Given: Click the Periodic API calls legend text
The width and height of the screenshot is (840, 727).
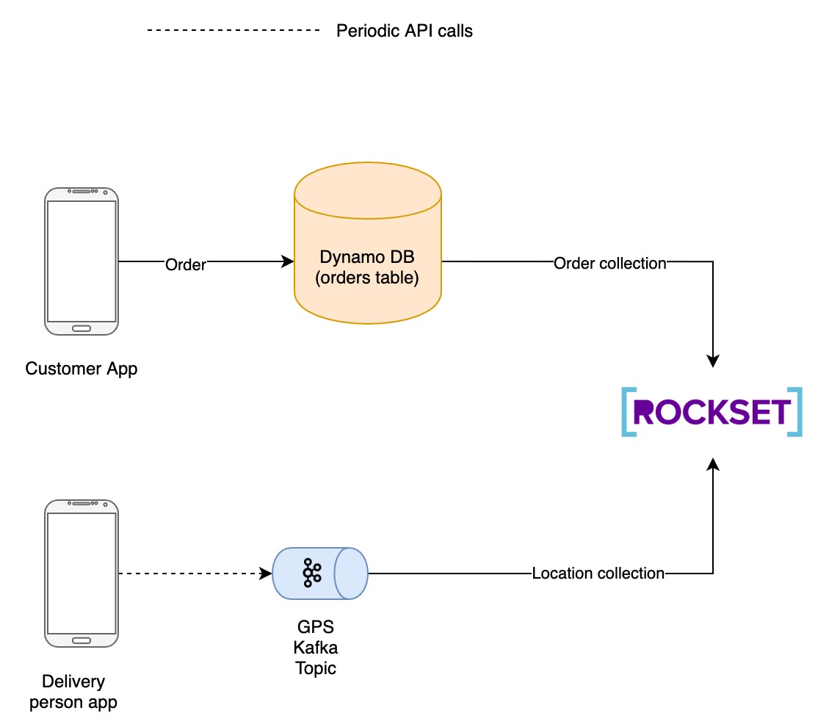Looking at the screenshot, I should coord(404,31).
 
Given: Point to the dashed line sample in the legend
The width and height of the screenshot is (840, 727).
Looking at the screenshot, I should coord(233,30).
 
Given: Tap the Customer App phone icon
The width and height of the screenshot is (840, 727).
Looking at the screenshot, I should coord(82,261).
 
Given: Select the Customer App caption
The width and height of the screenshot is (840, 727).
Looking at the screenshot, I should coord(82,369).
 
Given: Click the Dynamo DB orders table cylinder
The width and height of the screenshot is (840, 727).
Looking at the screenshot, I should coord(367,242).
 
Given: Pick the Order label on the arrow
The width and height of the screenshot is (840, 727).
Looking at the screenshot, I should coord(186,264).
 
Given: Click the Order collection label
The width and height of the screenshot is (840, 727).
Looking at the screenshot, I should coord(609,263).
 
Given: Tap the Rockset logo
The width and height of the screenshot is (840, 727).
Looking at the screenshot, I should coord(712,412).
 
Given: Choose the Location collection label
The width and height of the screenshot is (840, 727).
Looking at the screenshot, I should coord(598,574).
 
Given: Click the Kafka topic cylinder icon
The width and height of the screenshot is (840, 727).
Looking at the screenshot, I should coord(320,573).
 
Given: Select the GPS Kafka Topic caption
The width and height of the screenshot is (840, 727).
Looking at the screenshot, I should coord(316,648).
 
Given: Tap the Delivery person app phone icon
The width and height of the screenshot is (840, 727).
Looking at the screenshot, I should coord(82,573).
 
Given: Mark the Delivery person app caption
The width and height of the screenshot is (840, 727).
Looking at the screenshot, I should coord(73,692).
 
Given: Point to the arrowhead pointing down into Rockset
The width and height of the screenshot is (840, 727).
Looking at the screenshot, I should coord(712,361).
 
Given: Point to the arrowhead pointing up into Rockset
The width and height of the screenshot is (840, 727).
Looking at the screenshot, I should coord(712,465).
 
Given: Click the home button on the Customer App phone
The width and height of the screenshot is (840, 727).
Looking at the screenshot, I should coord(82,328).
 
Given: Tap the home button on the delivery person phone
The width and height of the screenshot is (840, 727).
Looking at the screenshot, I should coord(82,640).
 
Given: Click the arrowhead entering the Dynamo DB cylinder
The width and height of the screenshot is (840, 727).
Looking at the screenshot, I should coord(287,261).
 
